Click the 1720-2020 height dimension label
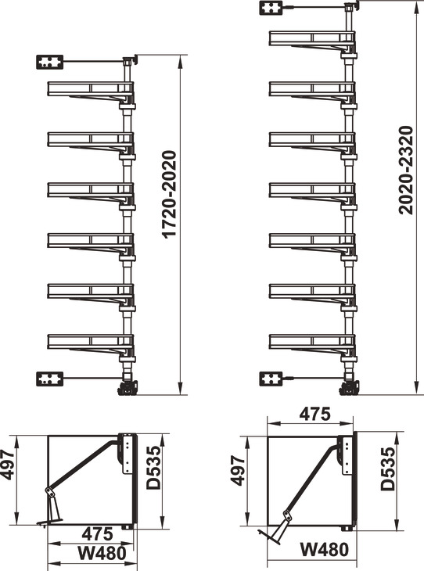pos(170,195)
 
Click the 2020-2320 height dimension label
pos(407,170)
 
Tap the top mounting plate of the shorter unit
pos(50,63)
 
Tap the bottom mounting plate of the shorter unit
pos(50,379)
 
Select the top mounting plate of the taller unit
pos(271,8)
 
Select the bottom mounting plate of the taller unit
pos(271,379)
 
